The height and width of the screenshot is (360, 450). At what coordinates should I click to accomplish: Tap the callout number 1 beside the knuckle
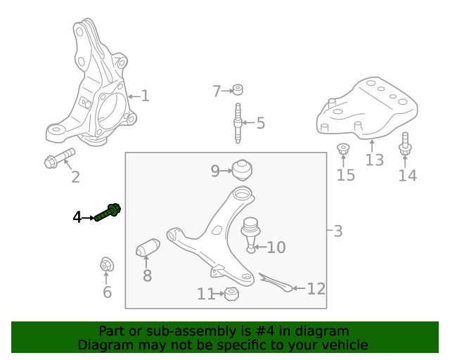tap(145, 96)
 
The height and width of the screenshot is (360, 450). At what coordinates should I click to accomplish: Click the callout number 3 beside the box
tap(338, 231)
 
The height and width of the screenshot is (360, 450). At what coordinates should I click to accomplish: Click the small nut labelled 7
tap(238, 89)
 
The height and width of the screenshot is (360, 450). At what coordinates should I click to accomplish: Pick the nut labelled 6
tap(108, 265)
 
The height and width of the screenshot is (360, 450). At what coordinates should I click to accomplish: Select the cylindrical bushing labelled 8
tap(147, 249)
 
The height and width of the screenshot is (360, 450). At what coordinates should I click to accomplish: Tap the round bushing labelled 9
tap(242, 170)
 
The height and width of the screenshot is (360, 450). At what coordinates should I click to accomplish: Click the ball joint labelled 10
tap(251, 233)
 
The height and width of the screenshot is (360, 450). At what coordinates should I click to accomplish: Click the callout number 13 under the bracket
tap(374, 160)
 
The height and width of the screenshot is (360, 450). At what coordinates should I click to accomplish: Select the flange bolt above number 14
tap(405, 144)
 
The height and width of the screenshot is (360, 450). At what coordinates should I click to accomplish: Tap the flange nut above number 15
tap(344, 150)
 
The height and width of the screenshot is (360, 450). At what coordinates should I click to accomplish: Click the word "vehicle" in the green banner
tap(344, 345)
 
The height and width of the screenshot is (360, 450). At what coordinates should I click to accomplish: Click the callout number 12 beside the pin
tap(316, 288)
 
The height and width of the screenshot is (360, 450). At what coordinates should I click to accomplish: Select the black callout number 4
tap(77, 217)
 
